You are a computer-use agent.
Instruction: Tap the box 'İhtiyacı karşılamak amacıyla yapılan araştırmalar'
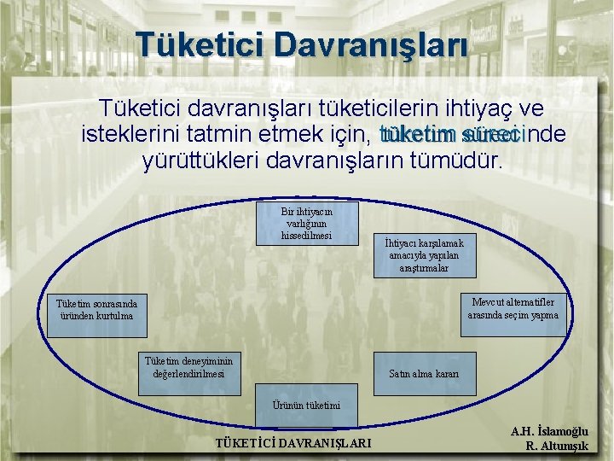click(x=424, y=256)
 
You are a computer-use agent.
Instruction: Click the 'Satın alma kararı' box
click(x=424, y=374)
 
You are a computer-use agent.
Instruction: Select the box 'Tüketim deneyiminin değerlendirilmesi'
click(x=188, y=367)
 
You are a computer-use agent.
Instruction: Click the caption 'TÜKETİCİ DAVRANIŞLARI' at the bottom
click(x=293, y=443)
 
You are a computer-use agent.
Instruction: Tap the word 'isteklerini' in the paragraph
click(x=136, y=135)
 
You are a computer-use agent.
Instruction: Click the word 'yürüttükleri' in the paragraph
click(x=204, y=160)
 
